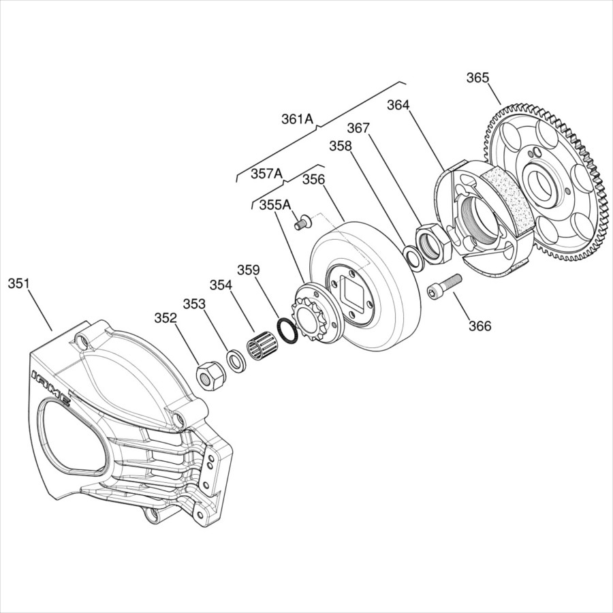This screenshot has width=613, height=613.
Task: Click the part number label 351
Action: pos(18,284)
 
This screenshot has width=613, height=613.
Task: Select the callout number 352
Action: pos(166,318)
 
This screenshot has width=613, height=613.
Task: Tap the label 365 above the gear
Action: pos(477,78)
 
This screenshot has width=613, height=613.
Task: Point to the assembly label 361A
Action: pos(298,119)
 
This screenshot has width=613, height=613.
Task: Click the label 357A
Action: pos(266,174)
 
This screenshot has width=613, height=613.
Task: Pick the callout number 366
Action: pos(480,326)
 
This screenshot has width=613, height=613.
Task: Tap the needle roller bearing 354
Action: pos(262,346)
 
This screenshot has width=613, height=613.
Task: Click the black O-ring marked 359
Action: pos(287,331)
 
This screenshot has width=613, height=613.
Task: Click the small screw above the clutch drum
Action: pos(302,221)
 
